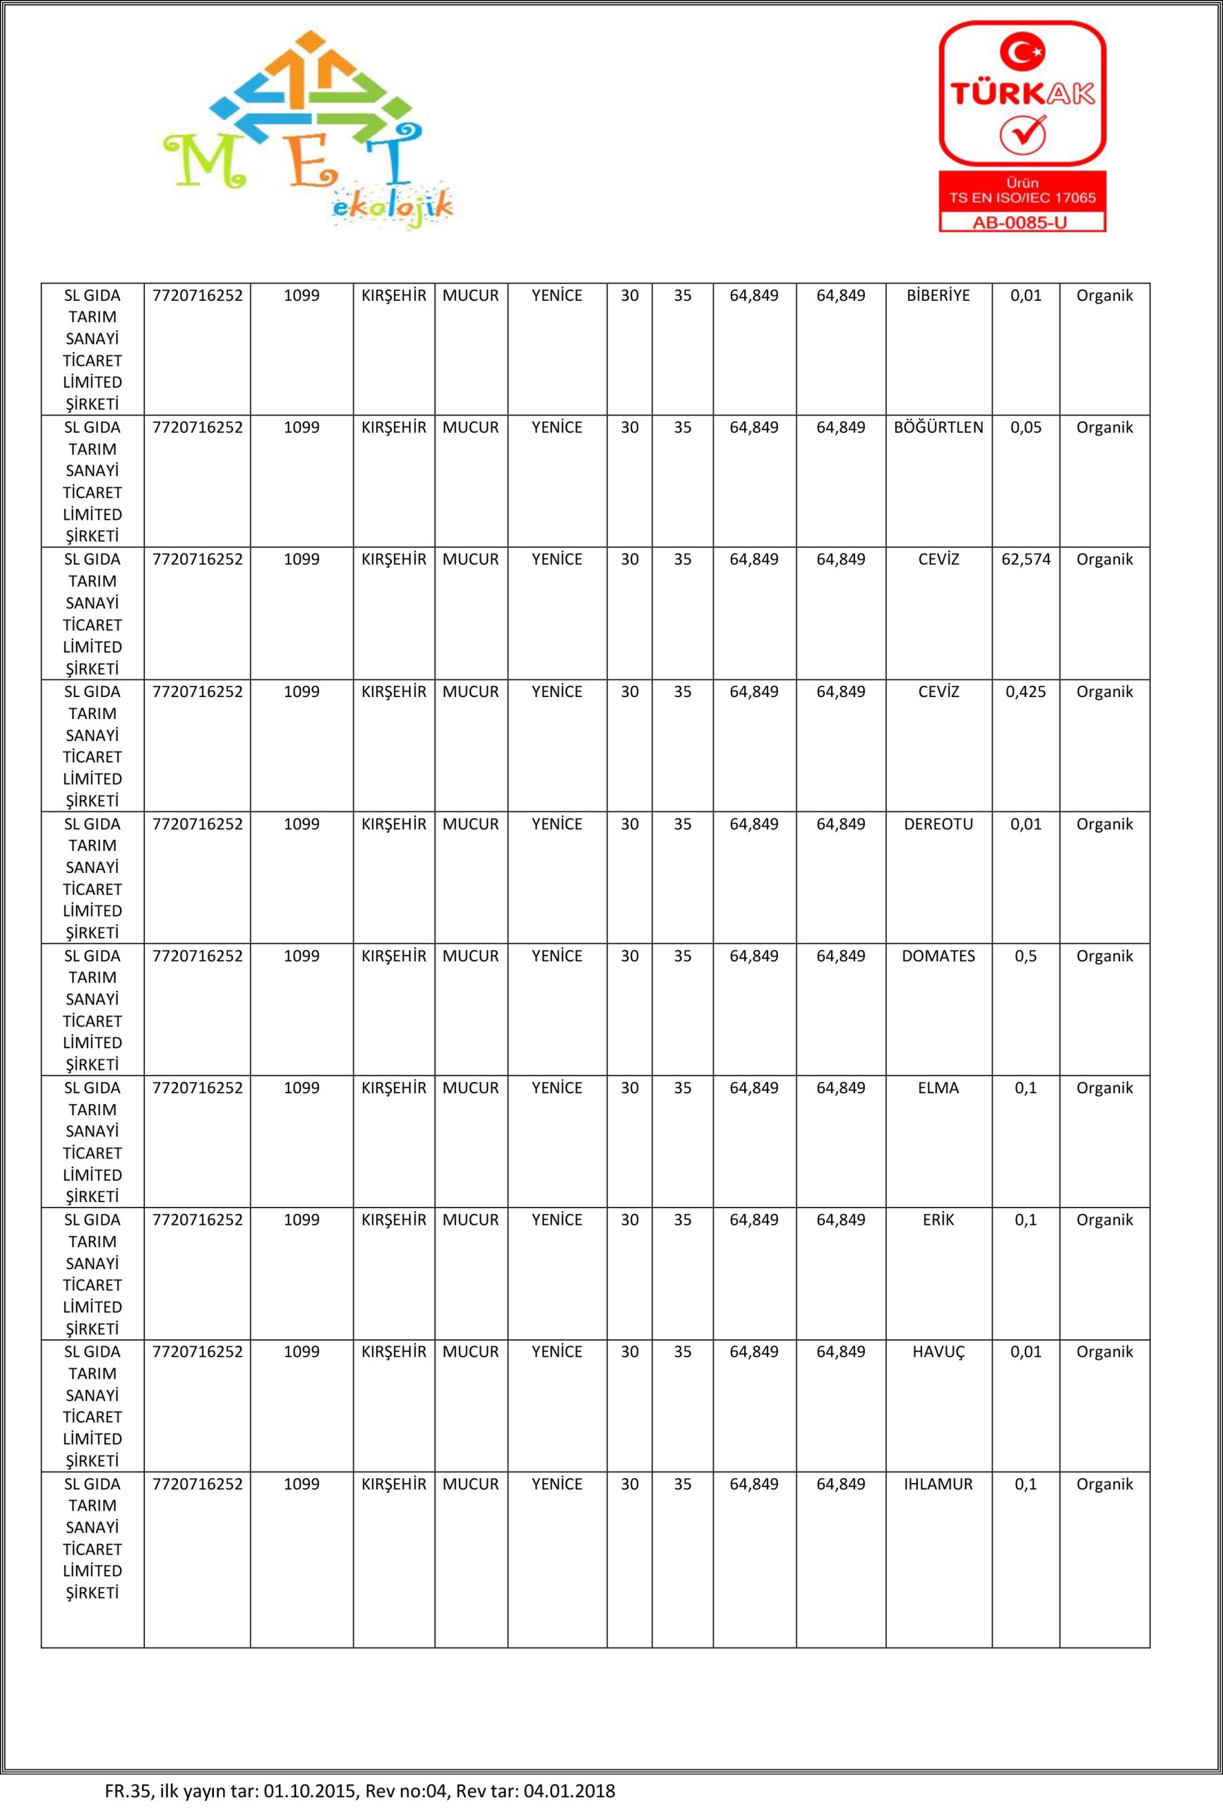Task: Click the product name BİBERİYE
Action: pos(938,296)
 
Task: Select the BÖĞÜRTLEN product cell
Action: pos(938,428)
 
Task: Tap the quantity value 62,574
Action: pos(1025,559)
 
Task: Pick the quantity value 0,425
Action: pos(1025,691)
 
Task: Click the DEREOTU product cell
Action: pos(938,824)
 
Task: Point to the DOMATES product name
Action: pos(938,956)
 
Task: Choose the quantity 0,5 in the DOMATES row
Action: pos(1025,956)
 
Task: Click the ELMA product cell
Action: pos(938,1088)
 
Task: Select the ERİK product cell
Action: pos(938,1220)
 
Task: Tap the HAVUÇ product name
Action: pos(938,1352)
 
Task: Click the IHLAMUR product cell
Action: pos(938,1485)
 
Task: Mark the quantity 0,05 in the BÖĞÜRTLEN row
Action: pos(1025,428)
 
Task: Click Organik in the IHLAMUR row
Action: pos(1104,1485)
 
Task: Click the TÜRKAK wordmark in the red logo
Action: pos(1022,94)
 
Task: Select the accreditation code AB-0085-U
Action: pos(1022,222)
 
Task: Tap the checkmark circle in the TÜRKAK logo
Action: pos(1022,133)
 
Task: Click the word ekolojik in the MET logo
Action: pos(392,207)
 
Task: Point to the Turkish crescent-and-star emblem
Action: pos(1022,53)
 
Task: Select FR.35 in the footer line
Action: pos(127,1791)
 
